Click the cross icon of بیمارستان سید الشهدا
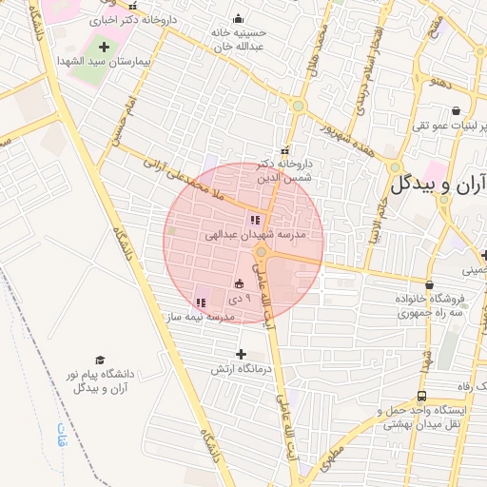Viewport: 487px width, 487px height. click(x=104, y=46)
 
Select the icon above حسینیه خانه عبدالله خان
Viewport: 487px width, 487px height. click(x=238, y=19)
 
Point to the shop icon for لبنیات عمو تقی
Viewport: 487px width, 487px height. click(x=456, y=110)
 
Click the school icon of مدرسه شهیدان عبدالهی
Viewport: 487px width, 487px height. click(x=254, y=220)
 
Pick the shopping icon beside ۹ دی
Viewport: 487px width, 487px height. click(x=238, y=283)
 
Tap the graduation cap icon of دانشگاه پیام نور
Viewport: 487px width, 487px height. click(x=99, y=360)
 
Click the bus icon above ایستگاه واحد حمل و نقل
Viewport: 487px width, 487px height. click(x=421, y=397)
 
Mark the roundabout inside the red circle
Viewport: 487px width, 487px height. click(x=261, y=251)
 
